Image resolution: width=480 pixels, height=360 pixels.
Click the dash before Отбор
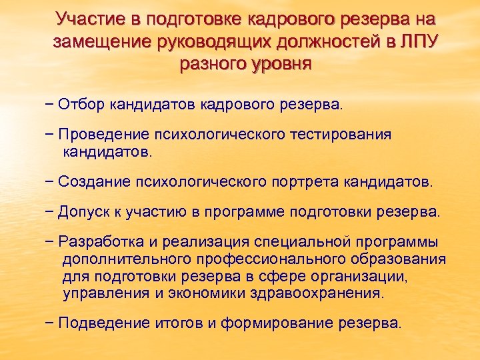[51, 105]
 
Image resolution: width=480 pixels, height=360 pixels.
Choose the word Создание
[95, 181]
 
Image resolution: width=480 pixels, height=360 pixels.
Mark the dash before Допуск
[51, 212]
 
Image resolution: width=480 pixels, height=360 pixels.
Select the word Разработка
[100, 242]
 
